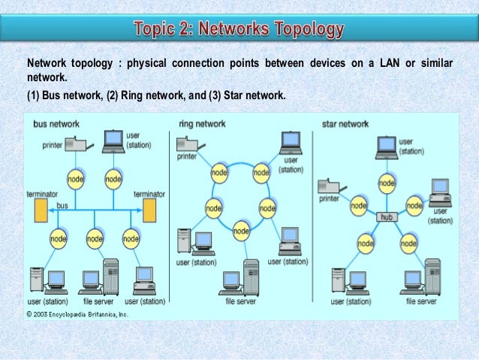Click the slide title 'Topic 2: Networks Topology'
[x=239, y=30]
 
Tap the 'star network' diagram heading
[x=345, y=123]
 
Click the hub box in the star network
[x=386, y=216]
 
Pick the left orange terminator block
[x=41, y=210]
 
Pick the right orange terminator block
[x=149, y=210]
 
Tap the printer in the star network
[x=330, y=185]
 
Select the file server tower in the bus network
[x=110, y=276]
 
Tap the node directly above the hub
[x=386, y=181]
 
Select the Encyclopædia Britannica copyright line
[x=78, y=314]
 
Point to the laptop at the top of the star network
[x=387, y=146]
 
